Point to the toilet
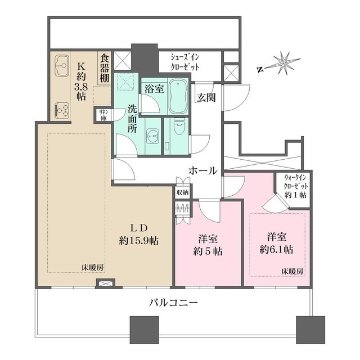point(179,130)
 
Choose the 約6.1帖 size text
point(275,248)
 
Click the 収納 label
point(182,193)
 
